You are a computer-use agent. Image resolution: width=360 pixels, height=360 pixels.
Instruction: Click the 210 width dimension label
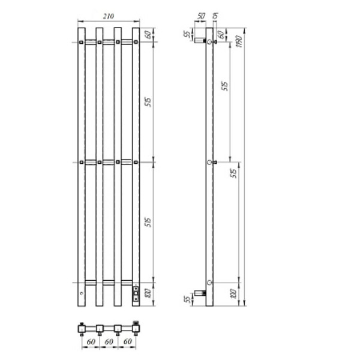point(109,16)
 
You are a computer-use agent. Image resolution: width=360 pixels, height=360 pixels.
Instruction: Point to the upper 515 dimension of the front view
point(148,102)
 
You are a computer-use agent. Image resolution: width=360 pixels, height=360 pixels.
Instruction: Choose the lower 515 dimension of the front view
point(148,222)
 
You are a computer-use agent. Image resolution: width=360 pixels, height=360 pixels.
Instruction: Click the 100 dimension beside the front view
point(148,293)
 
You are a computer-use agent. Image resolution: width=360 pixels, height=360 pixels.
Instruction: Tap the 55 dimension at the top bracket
point(186,34)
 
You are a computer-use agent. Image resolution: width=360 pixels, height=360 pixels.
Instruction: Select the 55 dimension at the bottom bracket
point(186,298)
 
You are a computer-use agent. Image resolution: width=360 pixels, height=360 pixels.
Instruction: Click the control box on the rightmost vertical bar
point(136,293)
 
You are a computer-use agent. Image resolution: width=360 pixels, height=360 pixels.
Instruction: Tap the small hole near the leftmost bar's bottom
point(82,294)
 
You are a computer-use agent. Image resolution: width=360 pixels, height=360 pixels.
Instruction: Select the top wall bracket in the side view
point(199,42)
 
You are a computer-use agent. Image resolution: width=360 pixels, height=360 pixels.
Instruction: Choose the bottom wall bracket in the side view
point(199,293)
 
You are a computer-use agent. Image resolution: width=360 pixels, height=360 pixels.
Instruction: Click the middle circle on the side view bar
point(209,162)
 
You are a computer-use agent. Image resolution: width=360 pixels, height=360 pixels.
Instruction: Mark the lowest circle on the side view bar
point(209,282)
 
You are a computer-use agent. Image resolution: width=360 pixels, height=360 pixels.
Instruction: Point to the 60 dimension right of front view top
point(148,34)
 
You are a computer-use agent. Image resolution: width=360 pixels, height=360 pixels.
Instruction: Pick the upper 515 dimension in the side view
point(225,85)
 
